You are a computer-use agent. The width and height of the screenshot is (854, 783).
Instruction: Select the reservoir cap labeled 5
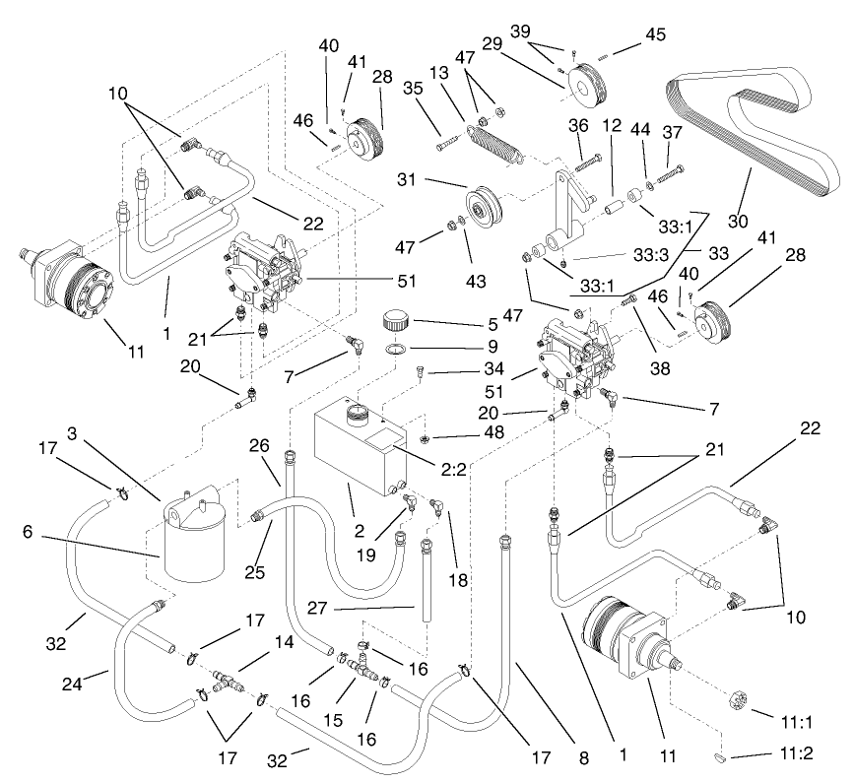396,322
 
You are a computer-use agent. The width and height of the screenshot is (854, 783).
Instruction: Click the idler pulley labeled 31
483,208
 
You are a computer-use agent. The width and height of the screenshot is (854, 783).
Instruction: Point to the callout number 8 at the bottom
583,757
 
